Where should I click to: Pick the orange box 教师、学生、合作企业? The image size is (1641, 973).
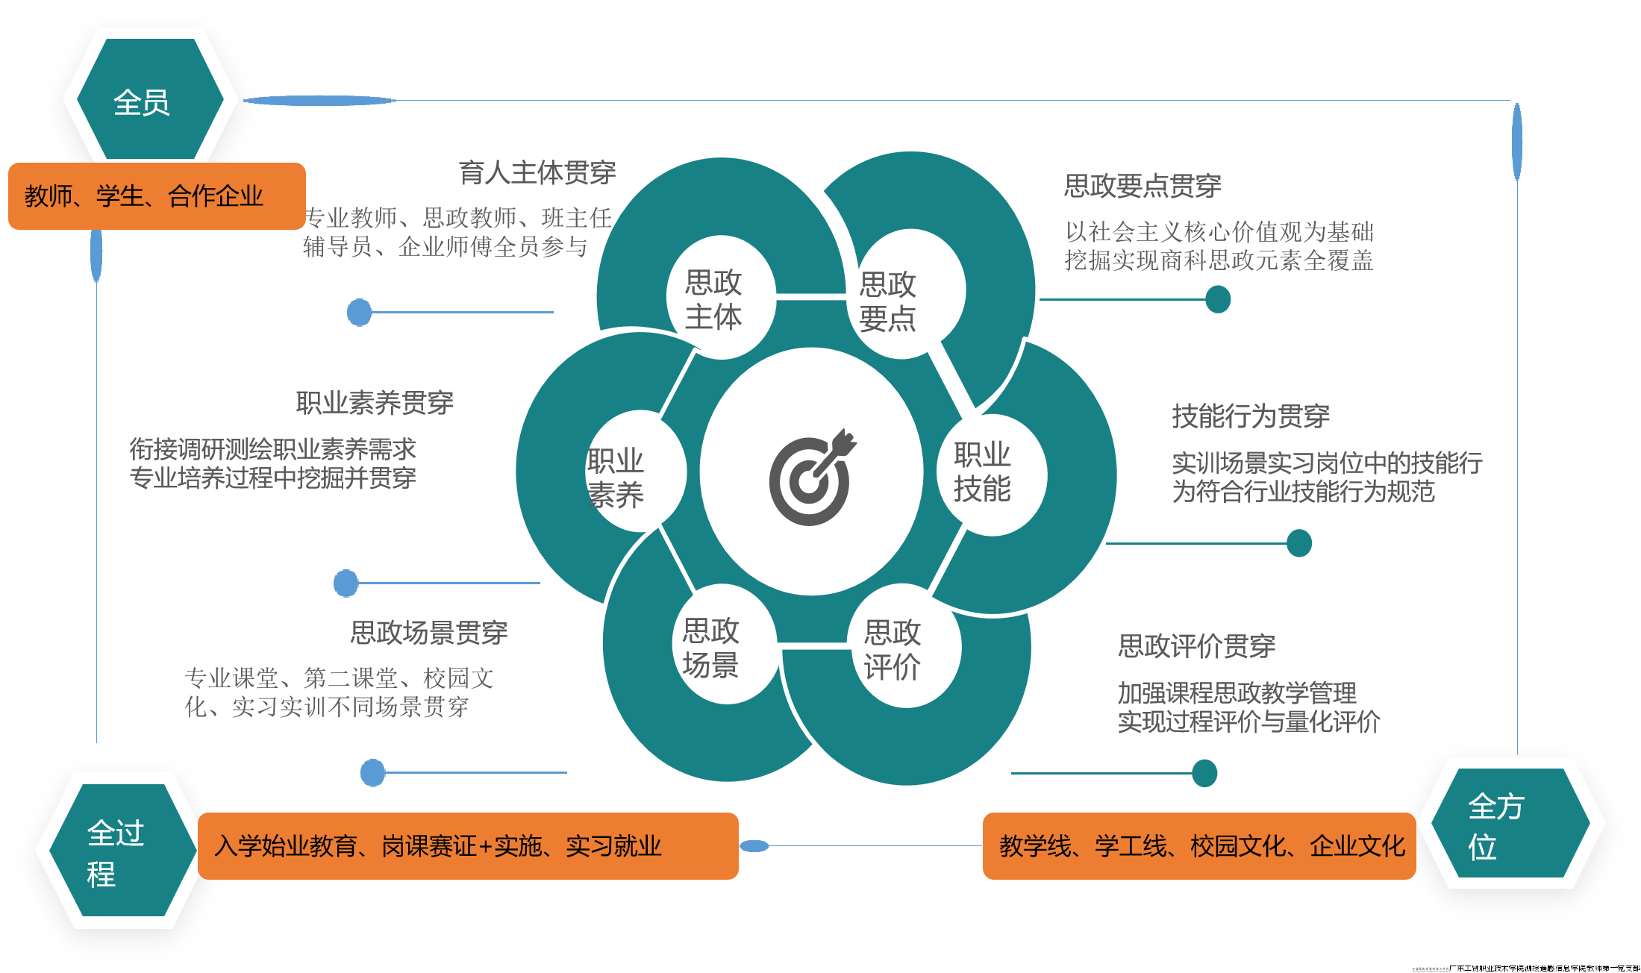click(x=157, y=196)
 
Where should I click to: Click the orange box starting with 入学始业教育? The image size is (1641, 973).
click(x=468, y=846)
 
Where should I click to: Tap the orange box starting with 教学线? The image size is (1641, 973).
click(x=1198, y=846)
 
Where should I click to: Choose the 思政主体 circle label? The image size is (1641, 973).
click(x=713, y=299)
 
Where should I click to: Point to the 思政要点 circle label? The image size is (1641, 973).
click(x=887, y=301)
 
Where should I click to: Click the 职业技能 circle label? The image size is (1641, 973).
click(x=982, y=472)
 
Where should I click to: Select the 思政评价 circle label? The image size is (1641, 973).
click(x=893, y=649)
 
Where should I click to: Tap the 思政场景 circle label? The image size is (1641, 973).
click(x=710, y=648)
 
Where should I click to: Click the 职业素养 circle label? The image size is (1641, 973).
click(x=616, y=478)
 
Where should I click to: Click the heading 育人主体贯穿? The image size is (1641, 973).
click(x=537, y=172)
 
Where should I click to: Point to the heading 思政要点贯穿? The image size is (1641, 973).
click(x=1143, y=186)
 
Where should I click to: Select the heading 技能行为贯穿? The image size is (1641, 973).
click(x=1251, y=416)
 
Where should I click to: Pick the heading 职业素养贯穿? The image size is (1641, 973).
click(x=375, y=403)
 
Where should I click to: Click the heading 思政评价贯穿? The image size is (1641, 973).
click(x=1196, y=646)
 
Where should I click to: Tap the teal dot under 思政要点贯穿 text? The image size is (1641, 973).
click(x=1218, y=300)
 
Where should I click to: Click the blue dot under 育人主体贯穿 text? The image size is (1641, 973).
click(x=360, y=313)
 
